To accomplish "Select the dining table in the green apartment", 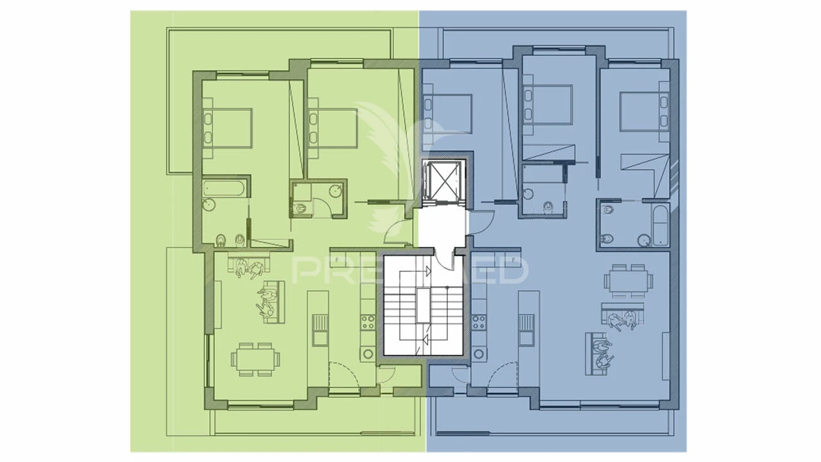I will tap(255, 359).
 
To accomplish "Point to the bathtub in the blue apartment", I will tap(661, 225).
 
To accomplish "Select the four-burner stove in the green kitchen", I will tap(369, 321).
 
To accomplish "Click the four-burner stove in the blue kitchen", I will tap(478, 321).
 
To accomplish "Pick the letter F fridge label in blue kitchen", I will tap(514, 260).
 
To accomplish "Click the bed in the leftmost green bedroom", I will tap(228, 128).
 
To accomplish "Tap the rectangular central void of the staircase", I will tap(423, 305).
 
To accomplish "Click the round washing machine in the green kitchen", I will tap(368, 353).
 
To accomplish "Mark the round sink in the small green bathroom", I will tap(335, 190).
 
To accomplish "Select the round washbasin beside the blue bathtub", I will tap(643, 240).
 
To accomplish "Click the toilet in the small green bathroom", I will tap(301, 208).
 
